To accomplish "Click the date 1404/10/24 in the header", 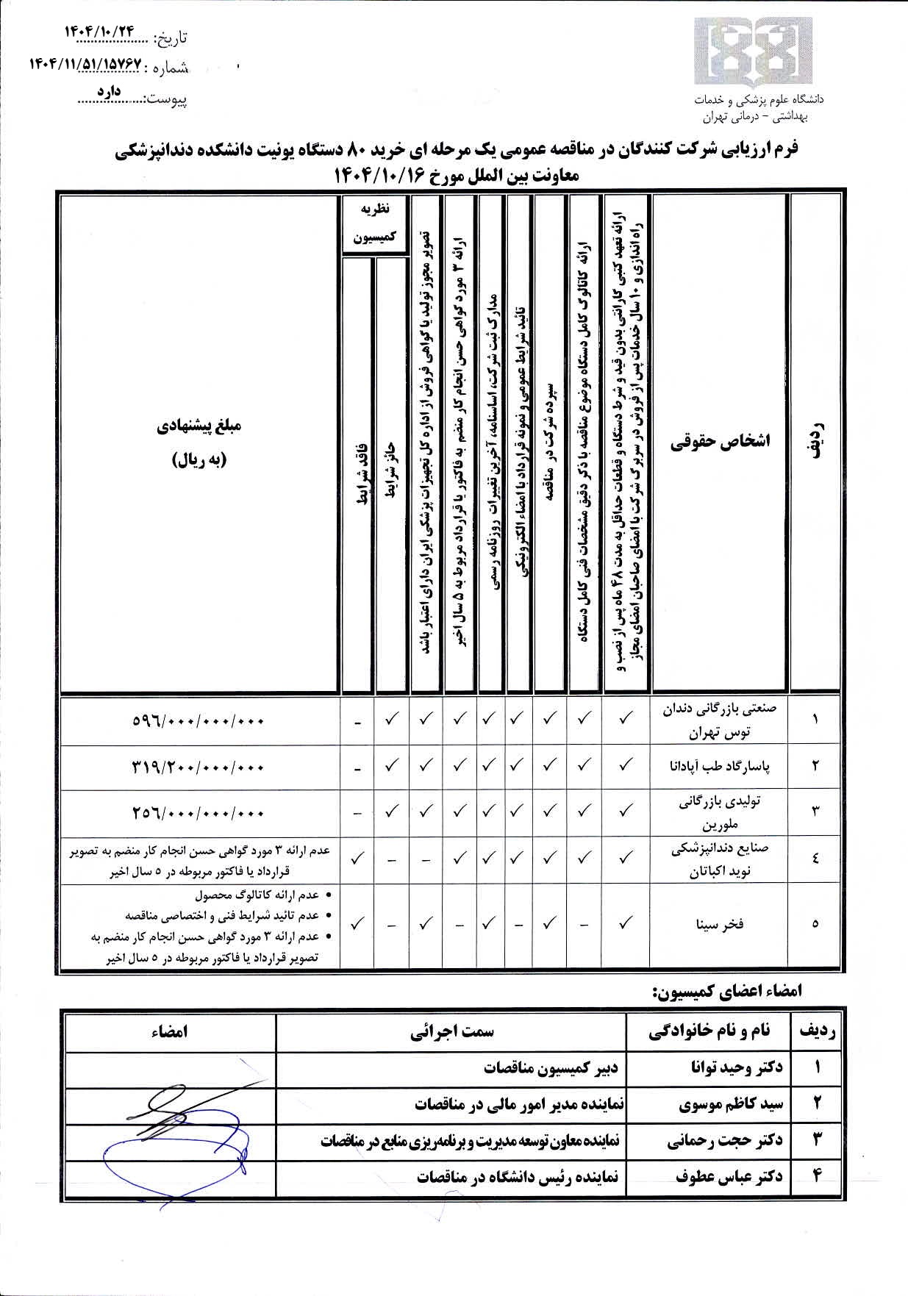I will point(101,32).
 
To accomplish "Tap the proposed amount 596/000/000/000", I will point(199,721).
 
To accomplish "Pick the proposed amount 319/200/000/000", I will point(199,767).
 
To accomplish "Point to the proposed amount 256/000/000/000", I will point(199,813).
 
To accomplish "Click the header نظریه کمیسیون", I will point(375,223).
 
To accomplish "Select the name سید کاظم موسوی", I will point(732,1103).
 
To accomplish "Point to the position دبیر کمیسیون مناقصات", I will point(551,1067).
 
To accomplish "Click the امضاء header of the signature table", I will point(169,1031).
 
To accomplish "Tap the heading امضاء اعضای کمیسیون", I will point(726,990).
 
